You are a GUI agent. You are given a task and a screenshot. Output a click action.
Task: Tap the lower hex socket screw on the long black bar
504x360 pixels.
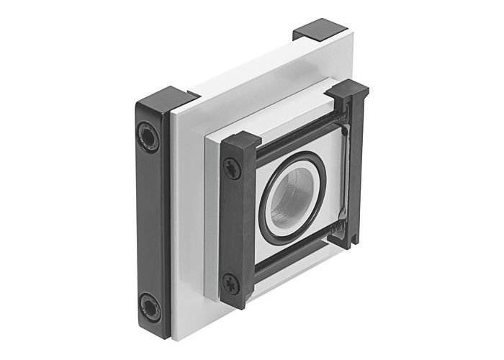click(150, 305)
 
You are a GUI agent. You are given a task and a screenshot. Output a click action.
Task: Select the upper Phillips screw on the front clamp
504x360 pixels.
click(232, 170)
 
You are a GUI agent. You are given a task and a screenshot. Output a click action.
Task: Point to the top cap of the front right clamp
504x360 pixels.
click(346, 91)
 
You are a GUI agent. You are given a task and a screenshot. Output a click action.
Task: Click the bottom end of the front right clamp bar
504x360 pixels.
click(351, 241)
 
